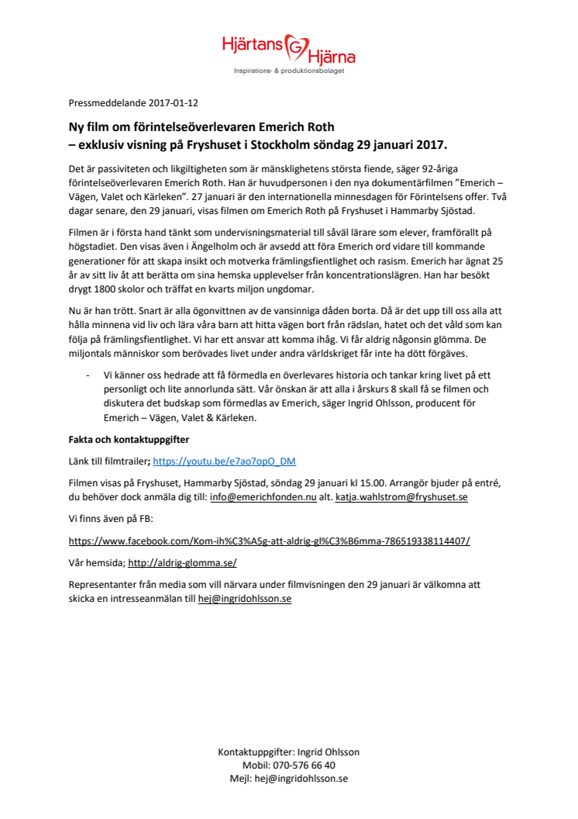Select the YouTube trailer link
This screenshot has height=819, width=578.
pyautogui.click(x=224, y=461)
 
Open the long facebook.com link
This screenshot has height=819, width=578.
pyautogui.click(x=269, y=541)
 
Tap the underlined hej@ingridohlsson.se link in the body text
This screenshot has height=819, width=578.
pyautogui.click(x=245, y=600)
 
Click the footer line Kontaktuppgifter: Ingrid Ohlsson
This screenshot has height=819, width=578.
pyautogui.click(x=288, y=752)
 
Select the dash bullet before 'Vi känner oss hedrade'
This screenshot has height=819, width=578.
pyautogui.click(x=87, y=375)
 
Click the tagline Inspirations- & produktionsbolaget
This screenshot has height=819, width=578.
pyautogui.click(x=289, y=71)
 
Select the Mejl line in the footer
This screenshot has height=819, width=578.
pyautogui.click(x=288, y=779)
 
